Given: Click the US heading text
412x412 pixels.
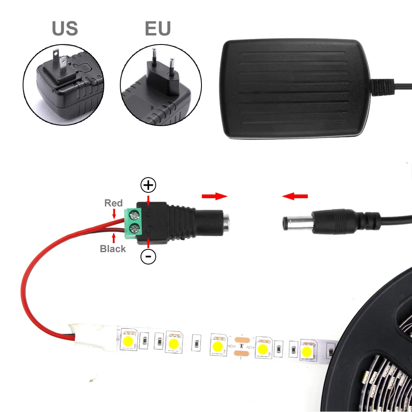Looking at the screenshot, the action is [x=65, y=28].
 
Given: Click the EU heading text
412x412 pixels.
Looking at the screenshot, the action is [x=158, y=28].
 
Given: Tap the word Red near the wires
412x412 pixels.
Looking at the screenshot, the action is [x=114, y=203].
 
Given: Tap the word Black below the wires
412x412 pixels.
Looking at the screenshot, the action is [x=113, y=248].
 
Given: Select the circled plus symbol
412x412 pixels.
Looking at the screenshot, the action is [x=148, y=185].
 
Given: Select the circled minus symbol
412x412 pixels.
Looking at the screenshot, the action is [x=148, y=256].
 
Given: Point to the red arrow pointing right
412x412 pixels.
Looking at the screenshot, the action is [x=214, y=196].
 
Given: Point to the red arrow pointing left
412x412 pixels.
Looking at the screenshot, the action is [x=295, y=196].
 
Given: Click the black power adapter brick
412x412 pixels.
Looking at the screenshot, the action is [x=295, y=89].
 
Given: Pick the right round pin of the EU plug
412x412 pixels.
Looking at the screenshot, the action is [x=172, y=68].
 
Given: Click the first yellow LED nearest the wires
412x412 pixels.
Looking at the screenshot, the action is [x=128, y=341].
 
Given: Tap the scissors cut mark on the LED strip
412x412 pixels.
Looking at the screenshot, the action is [x=241, y=346].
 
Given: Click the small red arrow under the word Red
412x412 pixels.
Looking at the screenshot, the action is [x=114, y=214].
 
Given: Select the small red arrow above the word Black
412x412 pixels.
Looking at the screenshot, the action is [x=114, y=238].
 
